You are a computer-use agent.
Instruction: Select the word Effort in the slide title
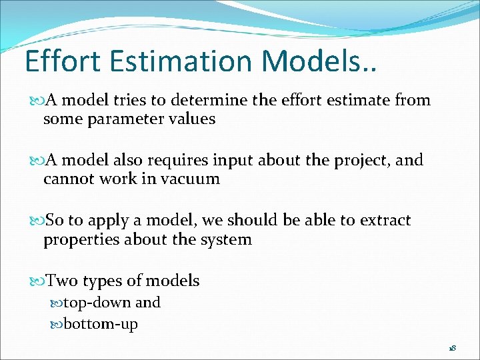pyautogui.click(x=62, y=61)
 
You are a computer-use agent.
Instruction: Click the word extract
pyautogui.click(x=383, y=221)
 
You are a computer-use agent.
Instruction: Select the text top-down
pyautogui.click(x=97, y=303)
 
